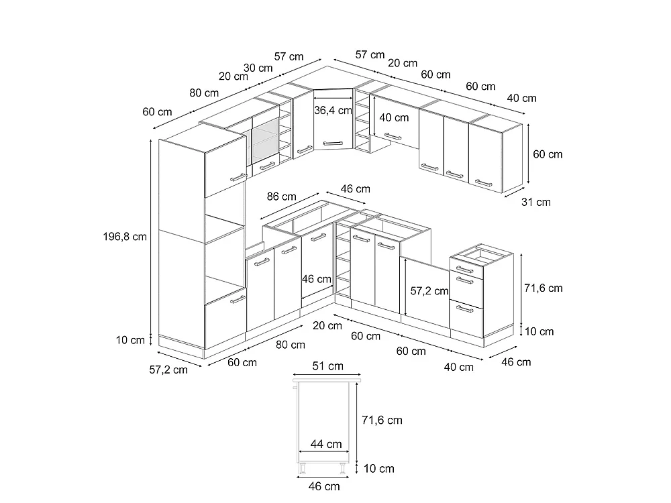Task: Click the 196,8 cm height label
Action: pos(125,237)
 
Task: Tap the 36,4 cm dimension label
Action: pos(333,111)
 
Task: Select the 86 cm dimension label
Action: pos(282,197)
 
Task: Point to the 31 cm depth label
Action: pos(535,202)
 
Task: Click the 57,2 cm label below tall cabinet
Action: pos(168,370)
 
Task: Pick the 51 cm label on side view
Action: pos(328,366)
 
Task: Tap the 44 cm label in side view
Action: pos(326,445)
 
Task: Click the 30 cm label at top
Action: pos(258,68)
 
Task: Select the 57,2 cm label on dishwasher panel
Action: pos(429,291)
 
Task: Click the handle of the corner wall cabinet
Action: pos(333,144)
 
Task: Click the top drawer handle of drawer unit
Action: pos(464,270)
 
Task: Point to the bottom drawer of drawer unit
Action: pos(466,316)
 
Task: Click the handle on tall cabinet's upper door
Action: pos(238,177)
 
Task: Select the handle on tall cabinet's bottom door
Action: pos(238,300)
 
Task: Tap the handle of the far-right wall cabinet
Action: pos(483,183)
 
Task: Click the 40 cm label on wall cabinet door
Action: pos(394,117)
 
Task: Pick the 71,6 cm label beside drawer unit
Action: pos(543,288)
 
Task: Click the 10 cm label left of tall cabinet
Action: pos(130,341)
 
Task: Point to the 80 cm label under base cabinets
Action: pos(290,345)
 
